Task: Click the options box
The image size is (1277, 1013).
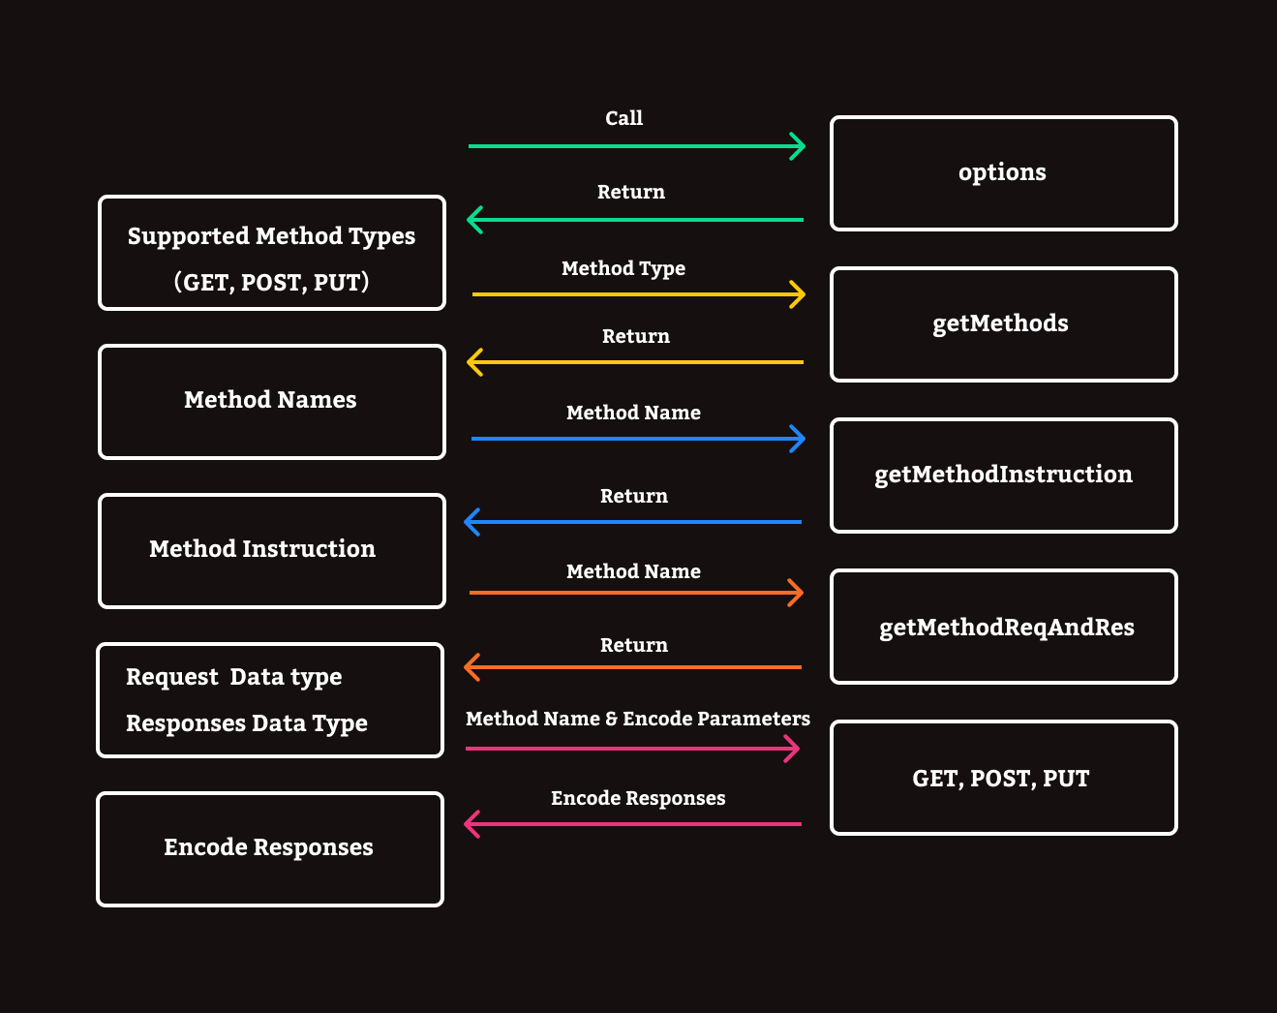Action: tap(1003, 173)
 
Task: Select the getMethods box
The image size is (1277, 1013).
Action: tap(1003, 324)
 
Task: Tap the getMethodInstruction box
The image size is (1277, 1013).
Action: tap(1003, 476)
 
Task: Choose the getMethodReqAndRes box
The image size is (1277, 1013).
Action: tap(1003, 627)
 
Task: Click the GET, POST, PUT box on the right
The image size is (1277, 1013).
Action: tap(1003, 778)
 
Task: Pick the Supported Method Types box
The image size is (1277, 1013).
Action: tap(272, 253)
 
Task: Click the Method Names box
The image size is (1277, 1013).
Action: tap(272, 401)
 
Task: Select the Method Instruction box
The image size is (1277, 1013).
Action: tap(272, 550)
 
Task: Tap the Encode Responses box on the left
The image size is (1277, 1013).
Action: tap(270, 848)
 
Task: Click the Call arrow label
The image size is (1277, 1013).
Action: tap(623, 118)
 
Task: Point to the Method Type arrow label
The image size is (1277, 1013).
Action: tap(623, 268)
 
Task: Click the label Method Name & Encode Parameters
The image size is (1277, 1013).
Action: tap(637, 719)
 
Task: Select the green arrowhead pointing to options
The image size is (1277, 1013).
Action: tap(798, 146)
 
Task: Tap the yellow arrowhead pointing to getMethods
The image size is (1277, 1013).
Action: tap(798, 294)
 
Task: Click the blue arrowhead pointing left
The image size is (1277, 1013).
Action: tap(472, 522)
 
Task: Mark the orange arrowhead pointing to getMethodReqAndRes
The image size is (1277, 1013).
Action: tap(796, 592)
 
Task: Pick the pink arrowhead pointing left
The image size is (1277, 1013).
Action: tap(472, 824)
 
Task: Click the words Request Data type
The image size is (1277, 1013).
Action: tap(233, 677)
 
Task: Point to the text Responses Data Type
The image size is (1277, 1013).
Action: tap(247, 723)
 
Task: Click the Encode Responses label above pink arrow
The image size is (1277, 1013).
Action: tap(638, 798)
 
